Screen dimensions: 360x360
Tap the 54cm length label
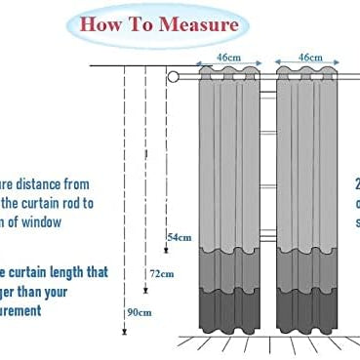(x=179, y=237)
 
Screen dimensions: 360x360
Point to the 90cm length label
(x=139, y=313)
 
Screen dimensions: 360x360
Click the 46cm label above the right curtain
(x=310, y=59)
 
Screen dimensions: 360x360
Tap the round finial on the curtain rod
(x=174, y=76)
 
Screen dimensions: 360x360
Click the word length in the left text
(x=73, y=272)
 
